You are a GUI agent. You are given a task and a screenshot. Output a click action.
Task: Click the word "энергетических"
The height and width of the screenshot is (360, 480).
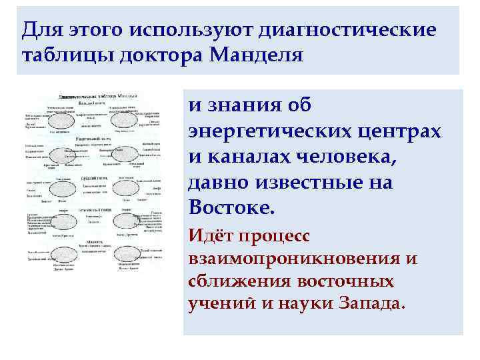pyautogui.click(x=275, y=131)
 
